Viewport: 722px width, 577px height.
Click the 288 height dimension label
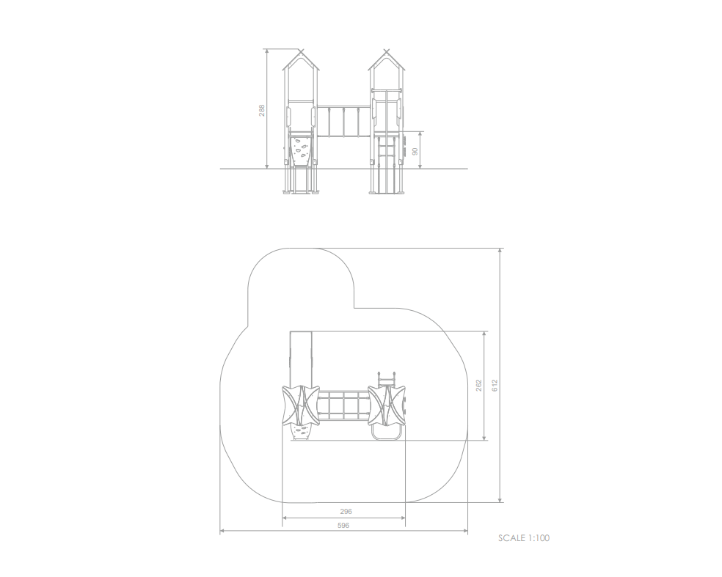tap(261, 111)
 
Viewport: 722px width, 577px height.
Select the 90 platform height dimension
tap(415, 151)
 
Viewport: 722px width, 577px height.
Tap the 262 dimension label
tap(479, 386)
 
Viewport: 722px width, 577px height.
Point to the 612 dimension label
tap(495, 386)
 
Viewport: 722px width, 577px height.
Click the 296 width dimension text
tap(346, 511)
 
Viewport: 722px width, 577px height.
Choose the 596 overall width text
tap(343, 525)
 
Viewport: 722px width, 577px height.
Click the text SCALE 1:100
tap(524, 538)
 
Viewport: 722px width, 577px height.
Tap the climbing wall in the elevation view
tap(301, 150)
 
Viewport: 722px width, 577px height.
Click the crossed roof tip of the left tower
tap(301, 51)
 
